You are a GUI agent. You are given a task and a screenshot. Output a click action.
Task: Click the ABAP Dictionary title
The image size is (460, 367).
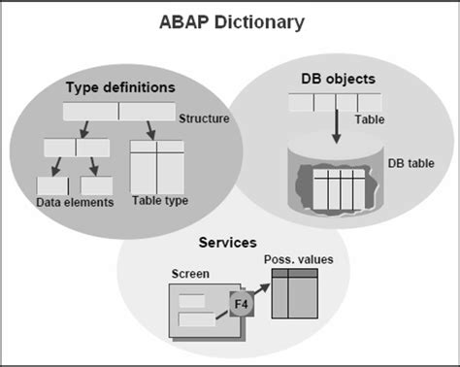point(231,20)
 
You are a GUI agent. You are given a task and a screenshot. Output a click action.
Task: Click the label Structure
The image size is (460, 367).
point(204,119)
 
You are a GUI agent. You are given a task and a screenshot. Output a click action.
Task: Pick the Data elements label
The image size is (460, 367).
point(75,202)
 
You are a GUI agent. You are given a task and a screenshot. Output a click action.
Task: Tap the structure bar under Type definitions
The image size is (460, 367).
point(118,111)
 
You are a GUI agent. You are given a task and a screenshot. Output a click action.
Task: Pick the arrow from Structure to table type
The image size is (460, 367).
point(151,128)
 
